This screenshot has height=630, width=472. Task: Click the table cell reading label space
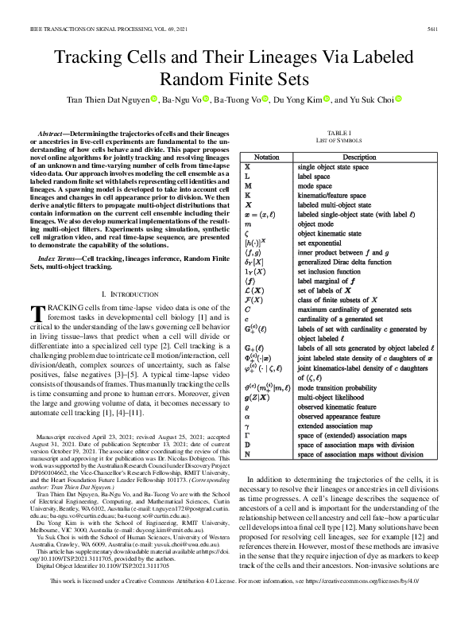pos(316,176)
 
